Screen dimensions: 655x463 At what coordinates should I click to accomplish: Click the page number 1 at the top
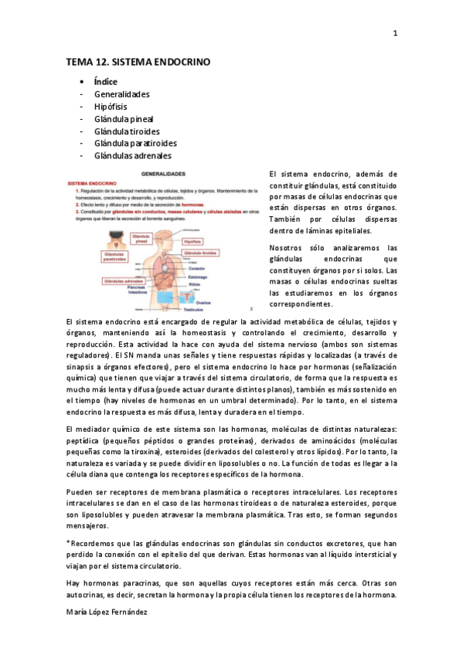[x=395, y=32]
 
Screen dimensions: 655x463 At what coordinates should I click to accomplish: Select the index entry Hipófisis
[x=111, y=107]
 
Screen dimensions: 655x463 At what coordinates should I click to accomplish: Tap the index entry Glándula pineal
[x=124, y=119]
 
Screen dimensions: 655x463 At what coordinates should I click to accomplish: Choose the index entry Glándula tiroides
[x=127, y=131]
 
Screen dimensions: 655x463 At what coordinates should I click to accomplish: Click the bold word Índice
[x=106, y=81]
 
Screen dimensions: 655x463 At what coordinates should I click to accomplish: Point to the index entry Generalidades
[x=122, y=94]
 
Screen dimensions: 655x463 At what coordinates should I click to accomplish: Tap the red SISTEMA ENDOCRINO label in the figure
[x=93, y=184]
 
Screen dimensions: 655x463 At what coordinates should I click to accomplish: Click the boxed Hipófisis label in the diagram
[x=192, y=241]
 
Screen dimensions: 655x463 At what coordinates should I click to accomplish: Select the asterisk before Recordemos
[x=68, y=543]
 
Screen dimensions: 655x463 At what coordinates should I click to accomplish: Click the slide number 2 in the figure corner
[x=252, y=307]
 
